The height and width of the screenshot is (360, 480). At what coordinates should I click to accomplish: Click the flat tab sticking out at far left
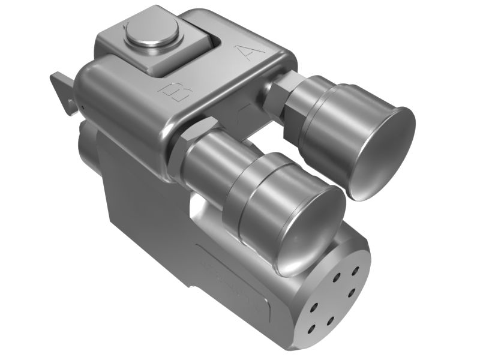[61, 88]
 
